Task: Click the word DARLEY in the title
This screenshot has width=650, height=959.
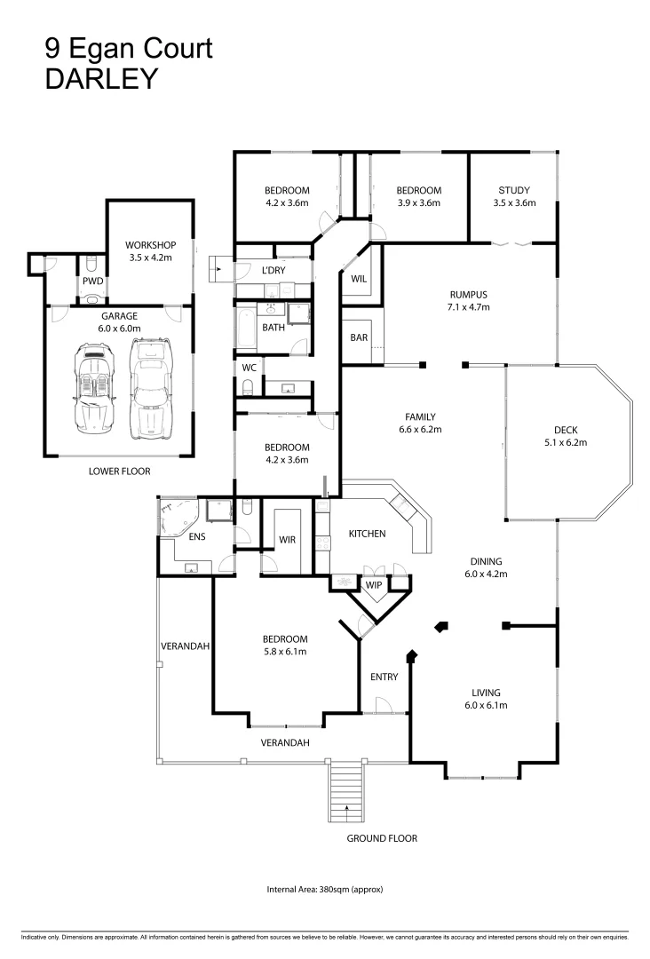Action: click(101, 79)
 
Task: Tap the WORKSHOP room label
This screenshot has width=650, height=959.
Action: click(150, 245)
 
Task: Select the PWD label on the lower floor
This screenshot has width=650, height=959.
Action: click(93, 281)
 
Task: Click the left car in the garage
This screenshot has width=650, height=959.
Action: click(93, 389)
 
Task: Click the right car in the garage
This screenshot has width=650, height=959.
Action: click(151, 388)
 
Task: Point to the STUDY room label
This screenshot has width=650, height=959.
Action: click(513, 190)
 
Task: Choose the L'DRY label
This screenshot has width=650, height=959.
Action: click(273, 270)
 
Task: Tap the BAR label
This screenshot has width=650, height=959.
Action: click(359, 337)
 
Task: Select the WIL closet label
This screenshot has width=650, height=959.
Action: click(359, 279)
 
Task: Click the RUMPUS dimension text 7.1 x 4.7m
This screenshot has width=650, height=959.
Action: click(468, 307)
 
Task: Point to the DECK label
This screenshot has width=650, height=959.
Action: click(566, 430)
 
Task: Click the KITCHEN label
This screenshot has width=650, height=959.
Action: click(367, 534)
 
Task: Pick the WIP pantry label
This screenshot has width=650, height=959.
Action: click(374, 584)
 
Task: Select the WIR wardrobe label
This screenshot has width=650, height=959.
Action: click(287, 540)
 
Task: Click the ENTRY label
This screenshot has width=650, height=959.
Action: click(384, 677)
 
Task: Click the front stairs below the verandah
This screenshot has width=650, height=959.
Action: click(346, 791)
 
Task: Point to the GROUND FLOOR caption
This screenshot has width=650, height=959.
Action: click(382, 838)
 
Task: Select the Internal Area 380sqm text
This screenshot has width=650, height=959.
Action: click(325, 889)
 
